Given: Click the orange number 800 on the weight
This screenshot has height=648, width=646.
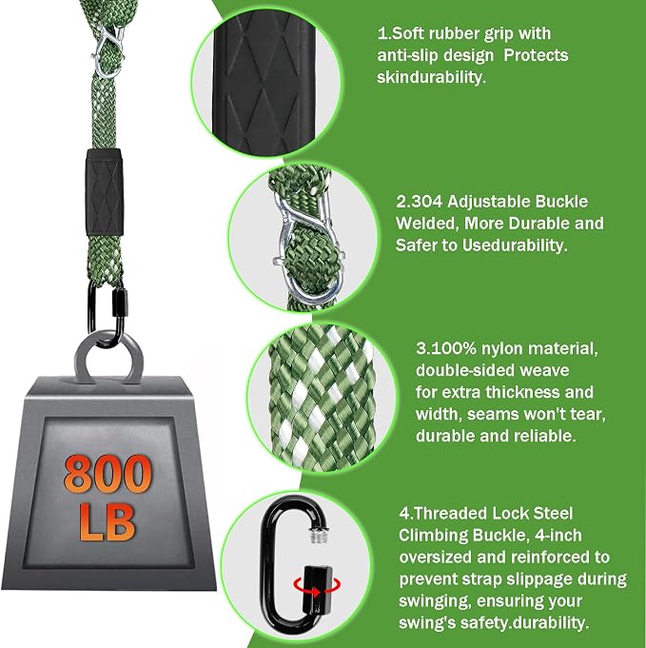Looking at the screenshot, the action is coord(108,474).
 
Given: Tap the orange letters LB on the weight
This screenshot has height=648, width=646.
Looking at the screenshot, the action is coord(108,521).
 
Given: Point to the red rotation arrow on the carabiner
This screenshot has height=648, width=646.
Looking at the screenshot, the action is coord(318,587).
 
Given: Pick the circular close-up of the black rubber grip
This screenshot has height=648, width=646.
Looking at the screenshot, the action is coord(266,83).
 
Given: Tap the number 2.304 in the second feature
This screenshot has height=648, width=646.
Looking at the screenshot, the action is coord(420,202).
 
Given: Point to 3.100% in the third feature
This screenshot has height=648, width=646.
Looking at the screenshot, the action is coord(446,348).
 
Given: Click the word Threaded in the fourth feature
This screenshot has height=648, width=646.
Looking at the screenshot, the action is coord(450,513).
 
